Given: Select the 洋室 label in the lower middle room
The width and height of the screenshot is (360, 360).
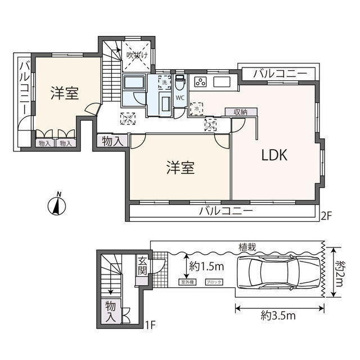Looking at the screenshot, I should click(x=180, y=168).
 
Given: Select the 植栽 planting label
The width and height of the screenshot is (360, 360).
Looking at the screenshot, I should click(x=247, y=246).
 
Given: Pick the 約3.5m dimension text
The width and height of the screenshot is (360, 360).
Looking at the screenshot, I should click(x=280, y=317).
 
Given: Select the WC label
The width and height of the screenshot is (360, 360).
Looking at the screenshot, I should click(x=180, y=97).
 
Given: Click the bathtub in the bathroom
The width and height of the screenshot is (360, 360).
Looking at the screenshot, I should click(x=134, y=85).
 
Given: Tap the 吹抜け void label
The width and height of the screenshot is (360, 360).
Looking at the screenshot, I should click(x=137, y=55).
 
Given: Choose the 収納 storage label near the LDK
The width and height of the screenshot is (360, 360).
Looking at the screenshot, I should click(x=238, y=112).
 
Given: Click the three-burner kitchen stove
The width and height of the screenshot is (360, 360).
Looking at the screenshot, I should click(x=200, y=83).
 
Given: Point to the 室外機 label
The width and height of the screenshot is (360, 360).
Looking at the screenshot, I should click(x=188, y=282).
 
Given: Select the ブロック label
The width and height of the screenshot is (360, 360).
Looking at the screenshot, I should click(x=214, y=282).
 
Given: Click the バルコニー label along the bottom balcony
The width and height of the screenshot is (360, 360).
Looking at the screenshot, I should click(x=226, y=211).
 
